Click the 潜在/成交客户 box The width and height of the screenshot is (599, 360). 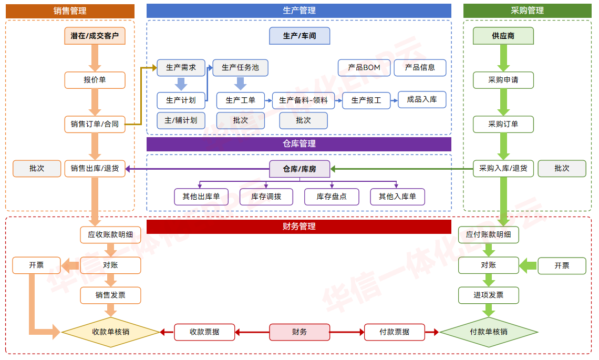click(x=95, y=36)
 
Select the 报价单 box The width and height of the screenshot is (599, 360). click(x=95, y=80)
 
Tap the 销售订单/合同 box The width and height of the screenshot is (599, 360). click(x=95, y=124)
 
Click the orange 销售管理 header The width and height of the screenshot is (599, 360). click(x=70, y=11)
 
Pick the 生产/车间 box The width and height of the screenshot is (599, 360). click(x=299, y=36)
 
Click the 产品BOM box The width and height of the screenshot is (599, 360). click(x=364, y=67)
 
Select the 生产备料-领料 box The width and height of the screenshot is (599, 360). click(x=303, y=100)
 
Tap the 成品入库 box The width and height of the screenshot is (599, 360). click(x=421, y=99)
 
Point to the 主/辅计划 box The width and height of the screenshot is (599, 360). click(x=181, y=120)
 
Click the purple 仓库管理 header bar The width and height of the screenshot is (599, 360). click(x=298, y=144)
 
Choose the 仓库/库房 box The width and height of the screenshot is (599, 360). click(x=299, y=169)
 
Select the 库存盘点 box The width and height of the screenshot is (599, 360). click(x=332, y=197)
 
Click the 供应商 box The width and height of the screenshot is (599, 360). click(x=503, y=36)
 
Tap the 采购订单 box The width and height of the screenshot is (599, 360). click(x=503, y=124)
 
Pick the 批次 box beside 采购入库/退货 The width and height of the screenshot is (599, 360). click(x=562, y=168)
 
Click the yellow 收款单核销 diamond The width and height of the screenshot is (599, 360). click(x=110, y=332)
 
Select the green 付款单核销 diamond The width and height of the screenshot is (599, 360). click(x=489, y=332)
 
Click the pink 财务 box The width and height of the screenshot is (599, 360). click(x=299, y=332)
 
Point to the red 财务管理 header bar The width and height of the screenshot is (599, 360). click(x=298, y=227)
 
